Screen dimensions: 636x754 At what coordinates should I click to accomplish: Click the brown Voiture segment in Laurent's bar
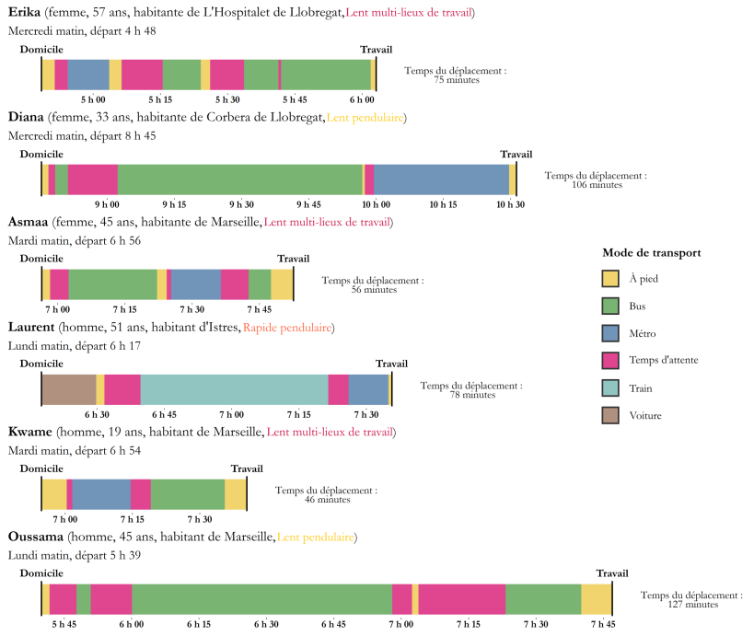(x=69, y=389)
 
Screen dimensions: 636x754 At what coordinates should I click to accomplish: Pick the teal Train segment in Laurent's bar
(x=234, y=389)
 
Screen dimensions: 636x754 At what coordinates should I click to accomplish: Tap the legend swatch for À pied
(x=610, y=278)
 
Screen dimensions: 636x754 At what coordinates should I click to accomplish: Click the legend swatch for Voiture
(x=610, y=415)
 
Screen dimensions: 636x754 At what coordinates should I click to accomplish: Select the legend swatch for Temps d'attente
(x=610, y=360)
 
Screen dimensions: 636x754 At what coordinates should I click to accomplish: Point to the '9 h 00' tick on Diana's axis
(x=106, y=204)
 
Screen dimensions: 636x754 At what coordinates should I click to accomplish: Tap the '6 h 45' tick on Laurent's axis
(x=164, y=414)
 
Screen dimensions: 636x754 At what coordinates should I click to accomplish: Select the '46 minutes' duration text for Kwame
(x=326, y=500)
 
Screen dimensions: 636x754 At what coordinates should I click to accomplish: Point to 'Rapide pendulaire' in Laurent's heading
(x=288, y=328)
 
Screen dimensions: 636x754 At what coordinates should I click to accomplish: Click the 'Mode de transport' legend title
(x=652, y=252)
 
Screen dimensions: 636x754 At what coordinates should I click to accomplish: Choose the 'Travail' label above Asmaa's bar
(x=293, y=259)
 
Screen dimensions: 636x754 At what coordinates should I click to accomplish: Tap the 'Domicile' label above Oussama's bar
(x=41, y=573)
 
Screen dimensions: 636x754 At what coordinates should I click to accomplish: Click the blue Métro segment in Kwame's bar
(x=101, y=494)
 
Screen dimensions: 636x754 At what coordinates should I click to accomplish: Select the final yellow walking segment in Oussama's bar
(x=597, y=599)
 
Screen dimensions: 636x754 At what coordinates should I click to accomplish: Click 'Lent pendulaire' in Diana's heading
(x=366, y=118)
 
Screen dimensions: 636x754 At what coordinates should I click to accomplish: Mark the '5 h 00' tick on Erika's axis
(x=92, y=99)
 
